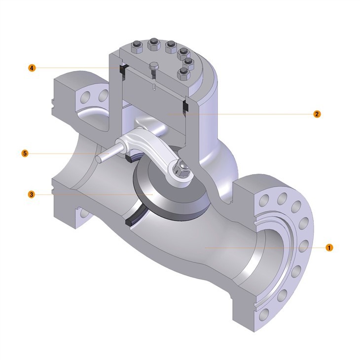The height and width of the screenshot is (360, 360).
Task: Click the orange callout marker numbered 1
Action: (x=329, y=248)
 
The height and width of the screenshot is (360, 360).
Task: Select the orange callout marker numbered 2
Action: (x=317, y=114)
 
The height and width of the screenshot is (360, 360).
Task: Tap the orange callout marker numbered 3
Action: (x=31, y=194)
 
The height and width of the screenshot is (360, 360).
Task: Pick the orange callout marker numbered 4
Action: (x=32, y=68)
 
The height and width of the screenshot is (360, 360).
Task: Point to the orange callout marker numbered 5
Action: (x=25, y=153)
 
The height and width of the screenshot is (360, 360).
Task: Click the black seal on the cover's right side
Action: (x=185, y=106)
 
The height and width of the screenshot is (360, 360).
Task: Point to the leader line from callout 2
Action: (x=247, y=114)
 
